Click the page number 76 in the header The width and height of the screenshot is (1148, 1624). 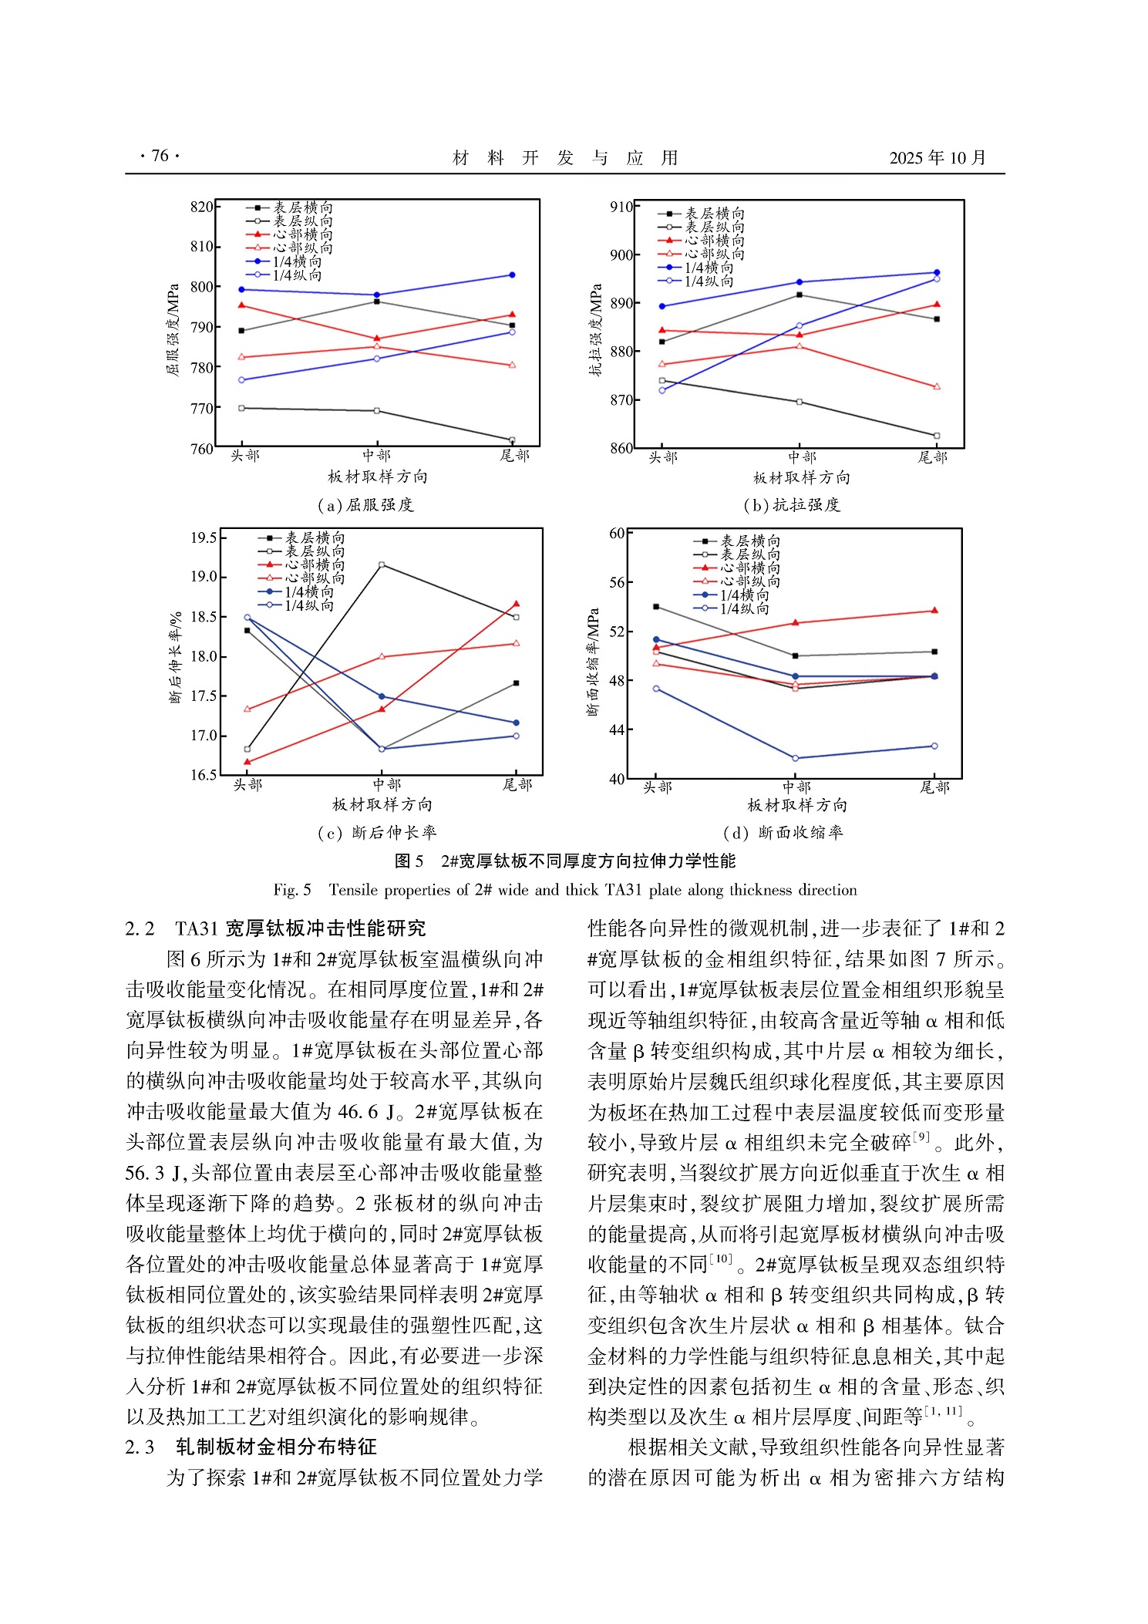coord(160,157)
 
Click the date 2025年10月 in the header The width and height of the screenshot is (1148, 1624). coord(937,158)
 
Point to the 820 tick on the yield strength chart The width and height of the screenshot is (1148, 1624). coord(201,207)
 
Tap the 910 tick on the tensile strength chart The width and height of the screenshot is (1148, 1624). coord(621,207)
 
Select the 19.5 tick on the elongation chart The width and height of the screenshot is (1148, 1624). coord(204,537)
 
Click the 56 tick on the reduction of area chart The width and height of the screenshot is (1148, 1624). coord(617,582)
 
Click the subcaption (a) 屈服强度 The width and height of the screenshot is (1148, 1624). coord(365,505)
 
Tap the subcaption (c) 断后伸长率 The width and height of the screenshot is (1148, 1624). coord(376,833)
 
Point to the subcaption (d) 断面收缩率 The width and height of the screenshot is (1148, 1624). coord(783,833)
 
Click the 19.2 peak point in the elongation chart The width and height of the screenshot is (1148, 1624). coord(382,565)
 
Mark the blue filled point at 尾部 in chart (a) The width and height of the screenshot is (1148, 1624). coord(512,275)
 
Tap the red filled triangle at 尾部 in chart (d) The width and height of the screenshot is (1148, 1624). coord(934,611)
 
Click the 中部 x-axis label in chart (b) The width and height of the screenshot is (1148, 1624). coord(802,457)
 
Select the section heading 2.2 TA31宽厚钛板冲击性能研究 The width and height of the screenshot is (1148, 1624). coord(275,928)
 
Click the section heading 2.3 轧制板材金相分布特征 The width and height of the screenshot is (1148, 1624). coord(251,1447)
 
